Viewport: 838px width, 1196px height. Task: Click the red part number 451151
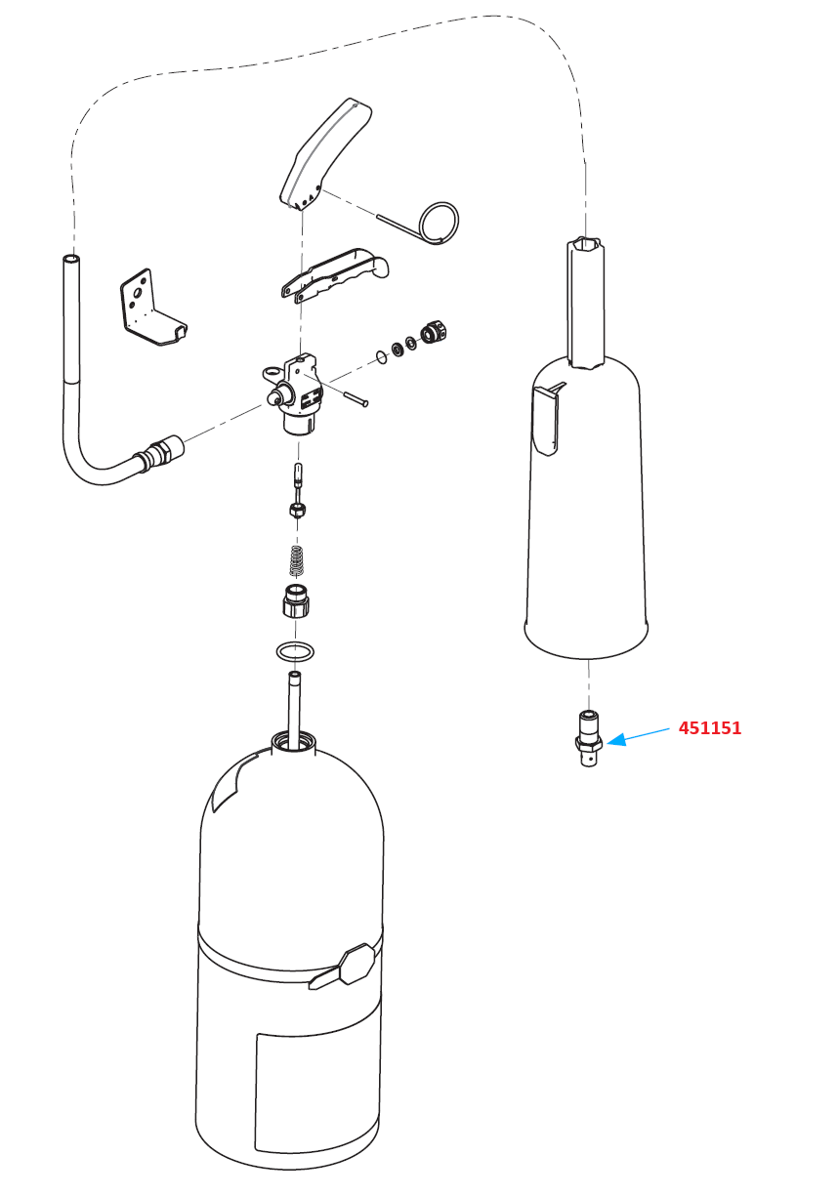710,728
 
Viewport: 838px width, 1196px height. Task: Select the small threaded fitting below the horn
588,738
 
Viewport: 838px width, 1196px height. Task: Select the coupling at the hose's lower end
159,452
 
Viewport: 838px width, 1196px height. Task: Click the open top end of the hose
71,261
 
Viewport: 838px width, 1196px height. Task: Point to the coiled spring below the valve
298,560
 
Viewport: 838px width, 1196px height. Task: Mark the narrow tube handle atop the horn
585,303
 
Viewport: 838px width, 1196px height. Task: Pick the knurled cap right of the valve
434,332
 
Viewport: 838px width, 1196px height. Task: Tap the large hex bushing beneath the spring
296,600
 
